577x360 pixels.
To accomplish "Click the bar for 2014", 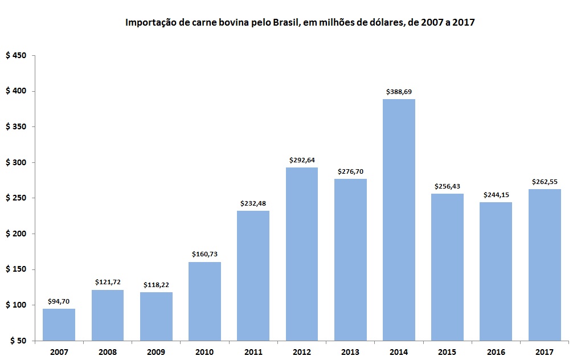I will pos(399,220).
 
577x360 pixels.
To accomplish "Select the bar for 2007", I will pos(59,325).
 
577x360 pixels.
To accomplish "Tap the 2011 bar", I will pos(253,276).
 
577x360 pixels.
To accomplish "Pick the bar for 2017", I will pos(545,265).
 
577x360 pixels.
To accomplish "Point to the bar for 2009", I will pos(156,316).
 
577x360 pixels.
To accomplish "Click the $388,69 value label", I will pos(399,91).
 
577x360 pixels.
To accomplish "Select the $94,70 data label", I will pos(59,301).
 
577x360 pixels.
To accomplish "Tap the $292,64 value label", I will pos(302,159).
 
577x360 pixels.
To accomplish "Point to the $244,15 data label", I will pos(496,195).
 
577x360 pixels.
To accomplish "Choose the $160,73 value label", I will pos(204,254).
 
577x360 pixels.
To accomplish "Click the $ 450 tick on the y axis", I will pos(16,56).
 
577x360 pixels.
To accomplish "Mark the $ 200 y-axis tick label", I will pos(16,234).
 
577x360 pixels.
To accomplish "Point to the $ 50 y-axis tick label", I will pos(18,341).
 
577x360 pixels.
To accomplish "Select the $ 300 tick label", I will pos(16,163).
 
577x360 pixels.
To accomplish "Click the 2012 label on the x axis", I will pos(302,352).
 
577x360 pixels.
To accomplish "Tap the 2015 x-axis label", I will pos(447,352).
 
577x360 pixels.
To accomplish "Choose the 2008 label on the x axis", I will pos(108,352).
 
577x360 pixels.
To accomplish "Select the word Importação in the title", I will pos(149,23).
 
